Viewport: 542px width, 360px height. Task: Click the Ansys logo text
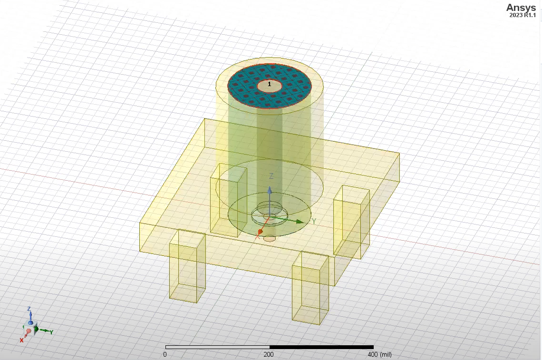pos(522,7)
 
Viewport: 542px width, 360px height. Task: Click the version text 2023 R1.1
pos(523,15)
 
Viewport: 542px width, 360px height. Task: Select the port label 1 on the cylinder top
pos(270,84)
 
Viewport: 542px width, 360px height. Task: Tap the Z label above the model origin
pos(271,176)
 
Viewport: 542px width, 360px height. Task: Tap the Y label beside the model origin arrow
pos(314,222)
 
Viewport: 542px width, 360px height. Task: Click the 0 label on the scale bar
pos(165,354)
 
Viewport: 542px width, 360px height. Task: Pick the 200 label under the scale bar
pos(269,354)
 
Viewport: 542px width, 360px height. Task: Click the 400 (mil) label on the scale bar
pos(379,354)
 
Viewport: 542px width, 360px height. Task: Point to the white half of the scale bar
pos(217,347)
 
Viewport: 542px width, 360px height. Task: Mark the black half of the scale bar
pos(321,347)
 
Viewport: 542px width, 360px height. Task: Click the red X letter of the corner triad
pos(21,340)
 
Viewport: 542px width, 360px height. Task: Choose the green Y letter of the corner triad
pos(51,332)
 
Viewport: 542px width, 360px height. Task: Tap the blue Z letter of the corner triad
pos(29,309)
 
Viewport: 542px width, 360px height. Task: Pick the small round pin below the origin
pos(269,238)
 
